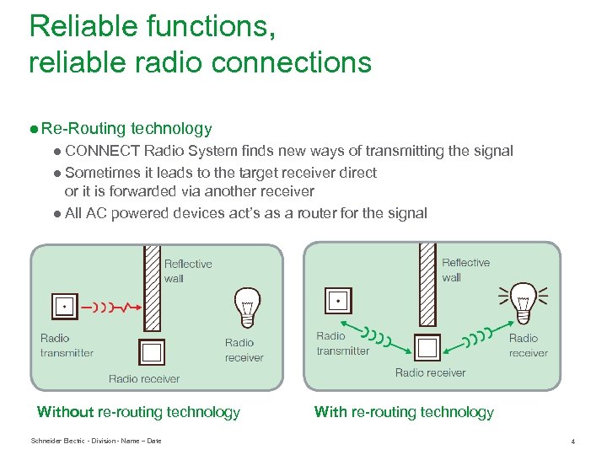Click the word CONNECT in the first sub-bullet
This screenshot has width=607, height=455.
coord(101,152)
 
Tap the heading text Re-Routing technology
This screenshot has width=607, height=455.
coord(126,129)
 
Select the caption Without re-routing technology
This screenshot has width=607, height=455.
coord(138,412)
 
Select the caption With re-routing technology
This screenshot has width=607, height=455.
coord(404,412)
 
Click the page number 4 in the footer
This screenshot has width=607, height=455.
coord(572,441)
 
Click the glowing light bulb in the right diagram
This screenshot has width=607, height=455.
coord(523,301)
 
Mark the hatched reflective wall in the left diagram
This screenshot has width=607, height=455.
coord(152,287)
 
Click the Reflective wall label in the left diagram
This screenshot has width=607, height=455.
coord(187,270)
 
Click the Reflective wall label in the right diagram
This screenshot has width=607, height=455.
coord(465,270)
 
